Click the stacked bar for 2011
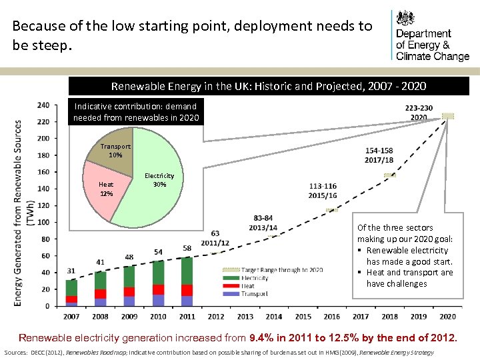click(187, 281)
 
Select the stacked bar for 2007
click(71, 292)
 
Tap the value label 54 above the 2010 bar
click(158, 251)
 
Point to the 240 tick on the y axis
click(43, 105)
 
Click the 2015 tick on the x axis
click(303, 316)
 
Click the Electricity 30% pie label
click(159, 180)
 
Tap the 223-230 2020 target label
click(419, 112)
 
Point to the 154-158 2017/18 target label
click(379, 155)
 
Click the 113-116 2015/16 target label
click(323, 191)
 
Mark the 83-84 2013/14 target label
click(263, 222)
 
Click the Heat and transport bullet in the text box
click(409, 278)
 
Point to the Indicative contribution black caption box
click(135, 112)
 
